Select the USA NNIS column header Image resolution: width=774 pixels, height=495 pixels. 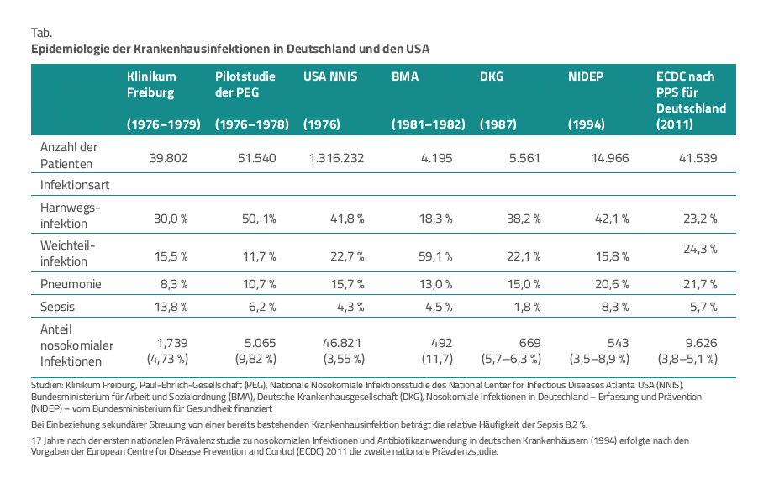[330, 76]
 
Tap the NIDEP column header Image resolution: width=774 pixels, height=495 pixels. [587, 76]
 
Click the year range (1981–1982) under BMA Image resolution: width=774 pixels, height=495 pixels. [429, 124]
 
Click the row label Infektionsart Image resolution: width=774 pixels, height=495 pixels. [76, 183]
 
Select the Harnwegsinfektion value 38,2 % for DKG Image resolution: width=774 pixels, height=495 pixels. [522, 219]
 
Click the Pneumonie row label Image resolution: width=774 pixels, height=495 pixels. [71, 284]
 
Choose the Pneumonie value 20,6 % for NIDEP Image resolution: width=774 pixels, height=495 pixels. [610, 285]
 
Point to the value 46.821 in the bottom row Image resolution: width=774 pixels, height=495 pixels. [345, 344]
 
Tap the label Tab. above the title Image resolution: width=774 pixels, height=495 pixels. [42, 32]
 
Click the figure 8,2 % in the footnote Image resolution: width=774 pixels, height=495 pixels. [573, 424]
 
